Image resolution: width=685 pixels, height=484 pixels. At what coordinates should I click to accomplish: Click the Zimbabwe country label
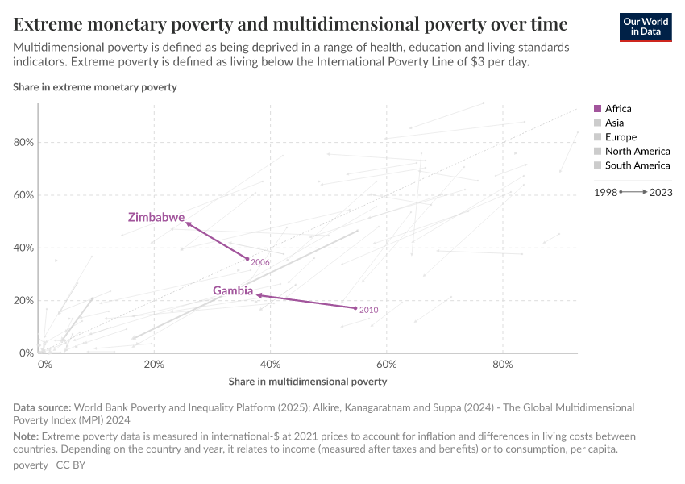coord(156,218)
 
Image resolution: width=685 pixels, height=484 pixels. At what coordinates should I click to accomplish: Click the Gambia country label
coord(233,290)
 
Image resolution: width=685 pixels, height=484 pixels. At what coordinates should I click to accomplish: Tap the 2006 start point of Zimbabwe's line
coord(247,259)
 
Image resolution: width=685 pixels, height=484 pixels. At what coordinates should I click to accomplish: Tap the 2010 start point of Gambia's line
coord(355,308)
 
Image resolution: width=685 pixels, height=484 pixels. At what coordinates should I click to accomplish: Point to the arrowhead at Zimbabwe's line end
coord(189,223)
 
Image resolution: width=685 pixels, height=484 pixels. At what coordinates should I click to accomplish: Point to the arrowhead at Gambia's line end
coord(259,295)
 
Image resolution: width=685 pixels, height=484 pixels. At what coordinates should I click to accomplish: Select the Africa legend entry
coord(618,109)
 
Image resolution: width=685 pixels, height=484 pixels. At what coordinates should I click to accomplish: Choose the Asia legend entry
coord(614,123)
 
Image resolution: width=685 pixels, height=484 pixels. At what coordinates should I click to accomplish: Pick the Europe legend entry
coord(621,137)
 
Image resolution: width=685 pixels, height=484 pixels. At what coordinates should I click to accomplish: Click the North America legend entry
coord(637,151)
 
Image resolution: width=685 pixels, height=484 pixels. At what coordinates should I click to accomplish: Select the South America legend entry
coord(637,165)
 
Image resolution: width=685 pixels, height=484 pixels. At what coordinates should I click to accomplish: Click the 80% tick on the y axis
coord(23,143)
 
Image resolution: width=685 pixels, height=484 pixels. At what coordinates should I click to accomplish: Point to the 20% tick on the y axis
coord(23,301)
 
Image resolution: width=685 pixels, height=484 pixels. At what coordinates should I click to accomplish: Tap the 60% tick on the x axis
coord(386,364)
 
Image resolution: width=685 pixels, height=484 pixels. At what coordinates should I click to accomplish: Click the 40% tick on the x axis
coord(270,364)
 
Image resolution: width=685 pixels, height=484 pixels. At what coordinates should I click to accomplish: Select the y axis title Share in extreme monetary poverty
coord(95,86)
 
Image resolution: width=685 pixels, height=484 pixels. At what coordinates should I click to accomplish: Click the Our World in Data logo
coord(646,26)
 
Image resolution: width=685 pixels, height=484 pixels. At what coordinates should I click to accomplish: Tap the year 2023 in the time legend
coord(660,193)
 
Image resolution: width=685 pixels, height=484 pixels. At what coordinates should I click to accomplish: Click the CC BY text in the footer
coord(73,465)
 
